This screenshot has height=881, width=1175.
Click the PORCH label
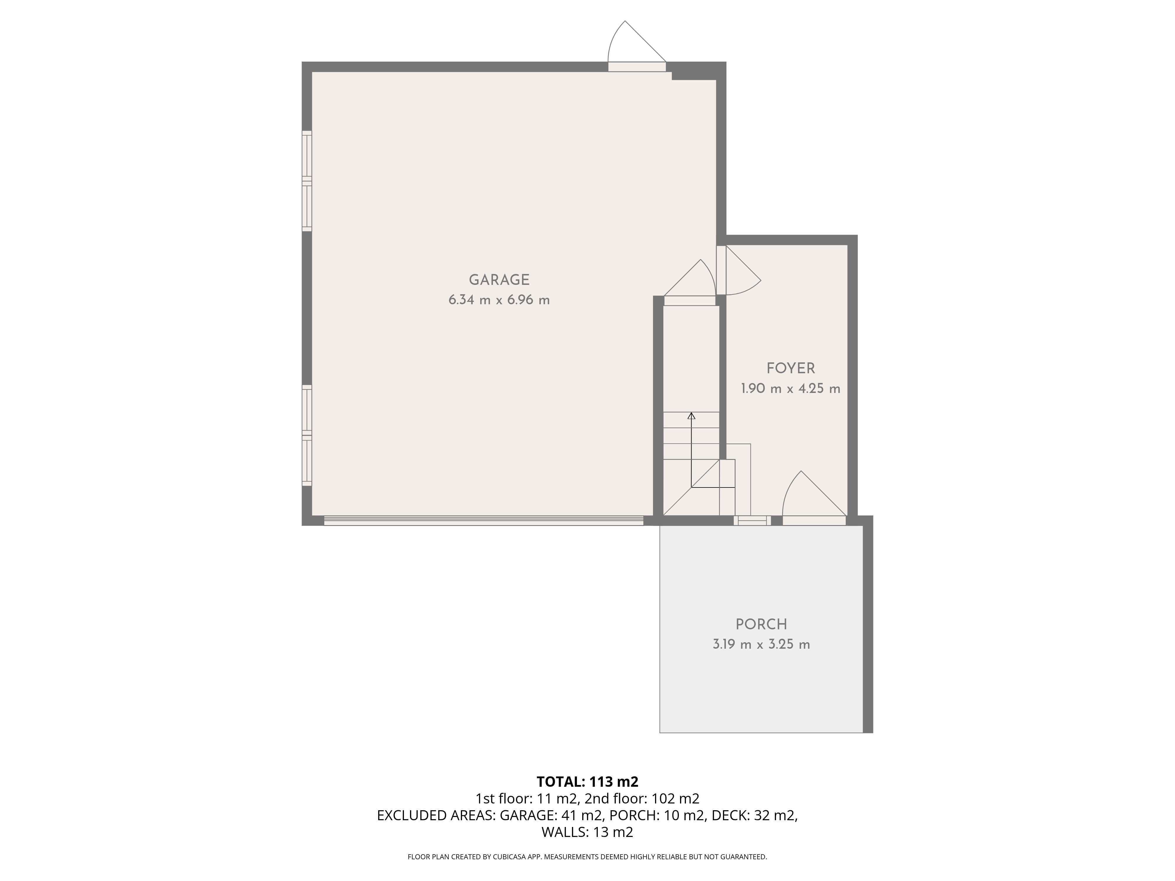(x=761, y=624)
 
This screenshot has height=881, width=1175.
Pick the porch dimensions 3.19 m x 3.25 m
(x=761, y=644)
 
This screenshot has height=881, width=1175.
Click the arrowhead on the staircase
(x=691, y=416)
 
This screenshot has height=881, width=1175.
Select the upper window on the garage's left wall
(x=307, y=181)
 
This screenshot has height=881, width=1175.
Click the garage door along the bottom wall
(x=484, y=520)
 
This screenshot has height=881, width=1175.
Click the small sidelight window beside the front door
(x=752, y=520)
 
